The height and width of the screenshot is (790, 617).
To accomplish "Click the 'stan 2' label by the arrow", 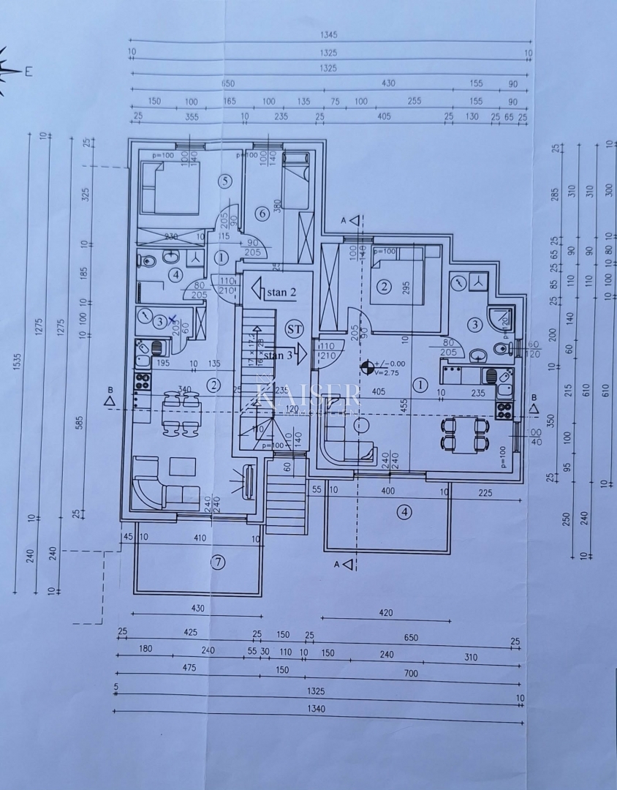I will click(281, 293).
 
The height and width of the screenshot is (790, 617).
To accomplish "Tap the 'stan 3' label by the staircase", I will click(279, 355).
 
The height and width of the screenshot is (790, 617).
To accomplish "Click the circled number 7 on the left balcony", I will click(216, 562).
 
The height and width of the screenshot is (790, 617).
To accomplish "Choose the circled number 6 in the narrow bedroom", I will click(262, 214).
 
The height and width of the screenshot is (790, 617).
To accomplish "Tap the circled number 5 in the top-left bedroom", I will click(225, 181).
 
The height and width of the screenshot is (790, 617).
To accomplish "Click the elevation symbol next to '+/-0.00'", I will click(367, 366).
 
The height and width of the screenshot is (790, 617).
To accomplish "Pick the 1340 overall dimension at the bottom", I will click(316, 708).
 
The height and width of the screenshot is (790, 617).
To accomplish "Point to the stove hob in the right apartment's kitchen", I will click(504, 410).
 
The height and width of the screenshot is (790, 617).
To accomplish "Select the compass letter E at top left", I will click(29, 71).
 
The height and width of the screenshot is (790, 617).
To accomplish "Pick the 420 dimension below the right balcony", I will click(386, 612).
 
